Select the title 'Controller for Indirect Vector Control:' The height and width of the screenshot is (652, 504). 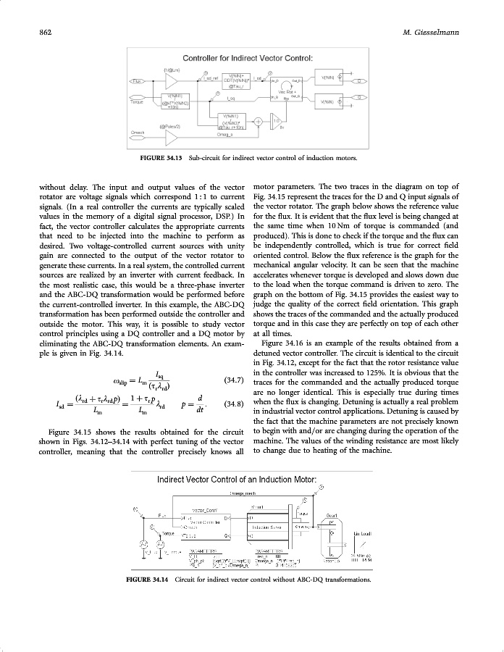pyautogui.click(x=247, y=57)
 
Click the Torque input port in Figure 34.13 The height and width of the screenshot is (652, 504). pyautogui.click(x=135, y=102)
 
